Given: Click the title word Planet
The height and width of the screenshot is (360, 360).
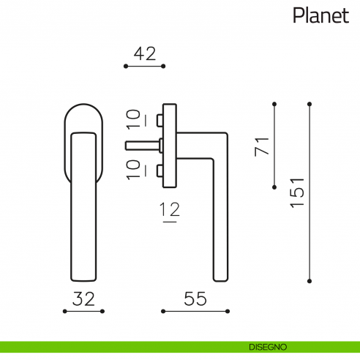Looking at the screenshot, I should [320, 15].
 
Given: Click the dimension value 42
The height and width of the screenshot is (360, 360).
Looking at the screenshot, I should [145, 53].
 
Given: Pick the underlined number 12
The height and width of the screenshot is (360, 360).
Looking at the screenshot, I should [170, 211].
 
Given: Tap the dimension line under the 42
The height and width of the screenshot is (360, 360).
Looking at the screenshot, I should [145, 67].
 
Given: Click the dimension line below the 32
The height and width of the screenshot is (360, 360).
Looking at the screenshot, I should [83, 312].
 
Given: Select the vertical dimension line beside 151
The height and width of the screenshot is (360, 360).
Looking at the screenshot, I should [310, 191].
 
